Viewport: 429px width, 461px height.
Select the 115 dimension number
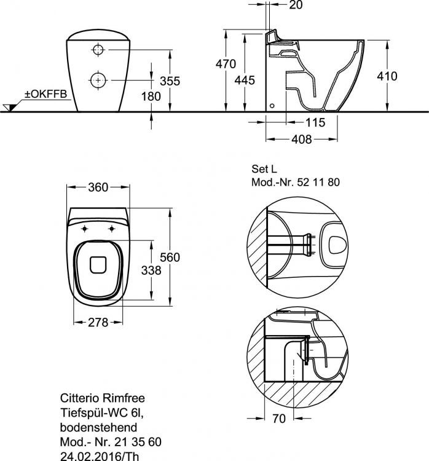tap(315, 123)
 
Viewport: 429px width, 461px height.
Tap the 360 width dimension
tap(98, 187)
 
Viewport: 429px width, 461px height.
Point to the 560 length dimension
tap(170, 258)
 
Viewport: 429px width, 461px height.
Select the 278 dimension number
tap(97, 322)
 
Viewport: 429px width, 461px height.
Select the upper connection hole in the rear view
tap(99, 49)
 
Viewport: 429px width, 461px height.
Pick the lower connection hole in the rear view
tap(98, 79)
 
